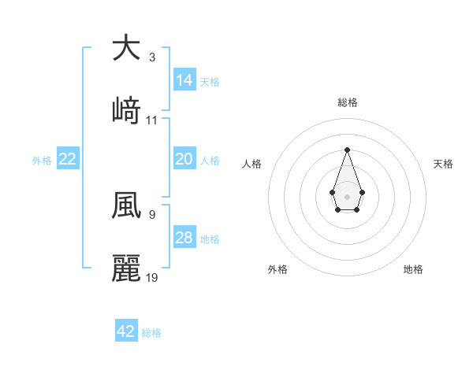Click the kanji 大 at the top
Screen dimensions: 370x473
point(126,48)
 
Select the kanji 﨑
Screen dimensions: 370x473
point(126,111)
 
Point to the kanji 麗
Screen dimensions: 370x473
point(126,268)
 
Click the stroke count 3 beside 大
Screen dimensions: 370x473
point(152,57)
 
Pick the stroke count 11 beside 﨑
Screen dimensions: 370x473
point(152,120)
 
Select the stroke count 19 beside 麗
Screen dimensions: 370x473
point(152,276)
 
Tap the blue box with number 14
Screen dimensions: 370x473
point(184,80)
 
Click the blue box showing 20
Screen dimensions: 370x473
point(184,159)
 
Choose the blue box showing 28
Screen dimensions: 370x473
point(184,238)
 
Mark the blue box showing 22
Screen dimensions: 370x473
point(68,159)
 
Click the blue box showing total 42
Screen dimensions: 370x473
point(126,331)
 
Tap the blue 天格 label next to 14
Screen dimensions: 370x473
point(210,82)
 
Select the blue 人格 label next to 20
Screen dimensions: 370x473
point(210,161)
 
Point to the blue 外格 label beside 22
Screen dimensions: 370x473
point(42,161)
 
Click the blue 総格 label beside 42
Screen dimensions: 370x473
point(151,333)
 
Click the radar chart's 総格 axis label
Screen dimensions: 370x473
point(348,102)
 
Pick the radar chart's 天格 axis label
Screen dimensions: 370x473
point(444,164)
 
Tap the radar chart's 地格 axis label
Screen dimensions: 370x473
point(413,269)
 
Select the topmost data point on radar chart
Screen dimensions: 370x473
point(347,150)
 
